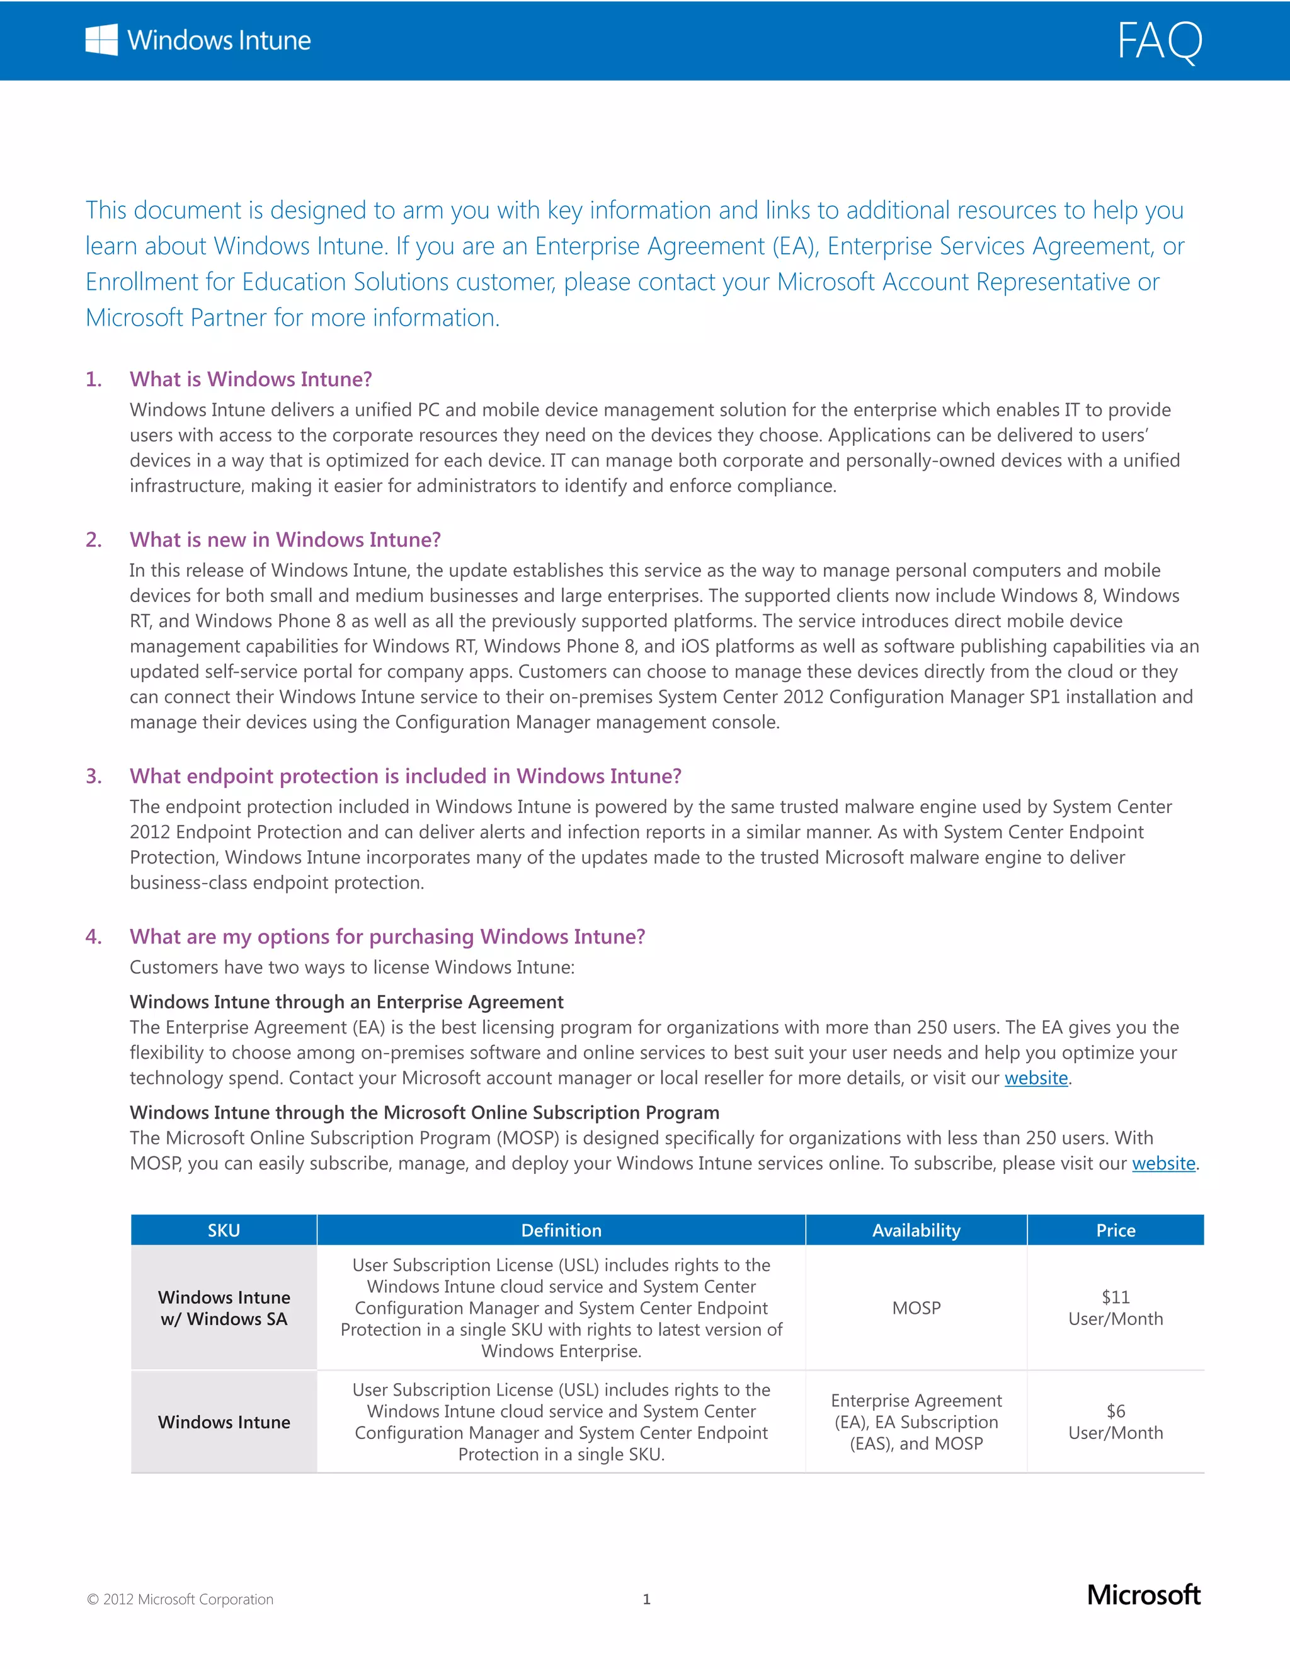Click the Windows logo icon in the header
101,40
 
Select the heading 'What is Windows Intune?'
251,379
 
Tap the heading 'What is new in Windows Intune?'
285,540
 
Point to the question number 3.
93,776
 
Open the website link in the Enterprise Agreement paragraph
1036,1078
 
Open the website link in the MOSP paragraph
1163,1163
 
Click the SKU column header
224,1231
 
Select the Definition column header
561,1231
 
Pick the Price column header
1115,1231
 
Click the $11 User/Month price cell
1115,1307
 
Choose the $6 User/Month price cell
1115,1421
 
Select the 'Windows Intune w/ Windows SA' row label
224,1307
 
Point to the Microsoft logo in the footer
1143,1595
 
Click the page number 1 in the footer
646,1600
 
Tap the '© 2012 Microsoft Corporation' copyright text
180,1600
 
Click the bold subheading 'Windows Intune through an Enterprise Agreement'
346,1002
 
